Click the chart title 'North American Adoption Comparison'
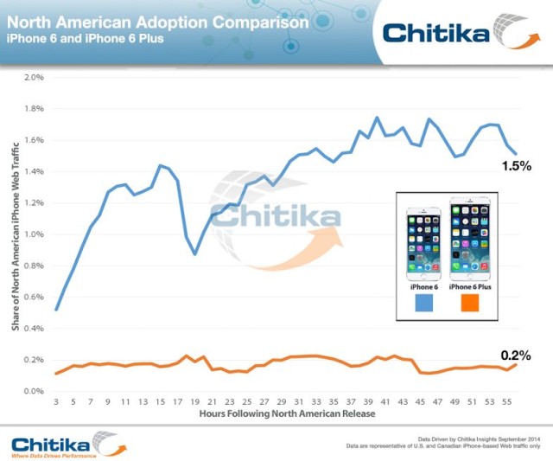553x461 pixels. [157, 22]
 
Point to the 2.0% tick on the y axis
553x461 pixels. [33, 77]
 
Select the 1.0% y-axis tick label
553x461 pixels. [33, 234]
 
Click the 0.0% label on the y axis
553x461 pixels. [33, 392]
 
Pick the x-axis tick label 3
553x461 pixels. [56, 402]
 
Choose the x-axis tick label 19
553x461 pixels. [195, 402]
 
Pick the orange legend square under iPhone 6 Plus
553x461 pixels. [469, 304]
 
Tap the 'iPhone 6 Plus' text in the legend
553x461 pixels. [469, 285]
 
